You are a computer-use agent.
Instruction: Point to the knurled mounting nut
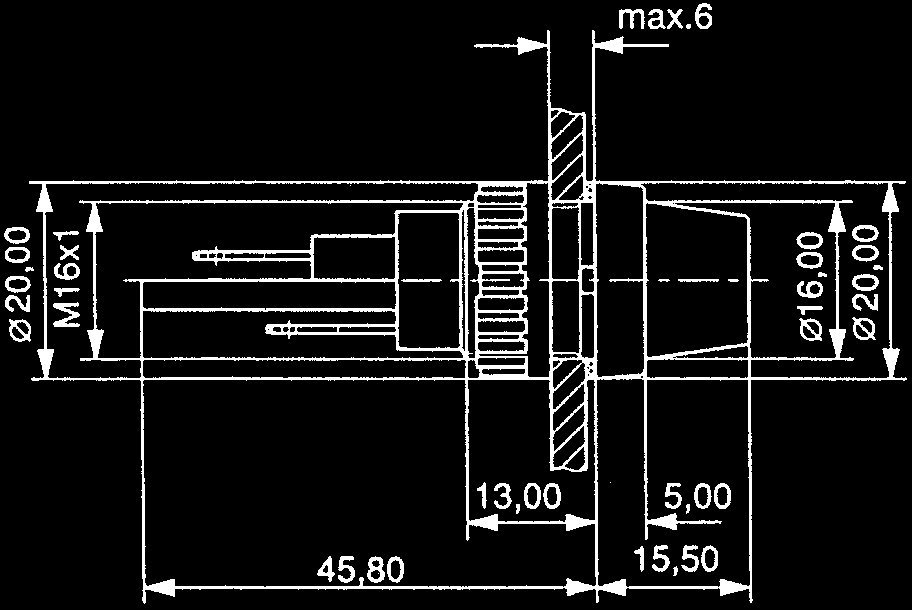tap(502, 280)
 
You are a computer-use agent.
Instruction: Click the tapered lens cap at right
tap(697, 280)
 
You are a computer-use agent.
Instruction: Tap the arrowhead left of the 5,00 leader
tap(662, 522)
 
